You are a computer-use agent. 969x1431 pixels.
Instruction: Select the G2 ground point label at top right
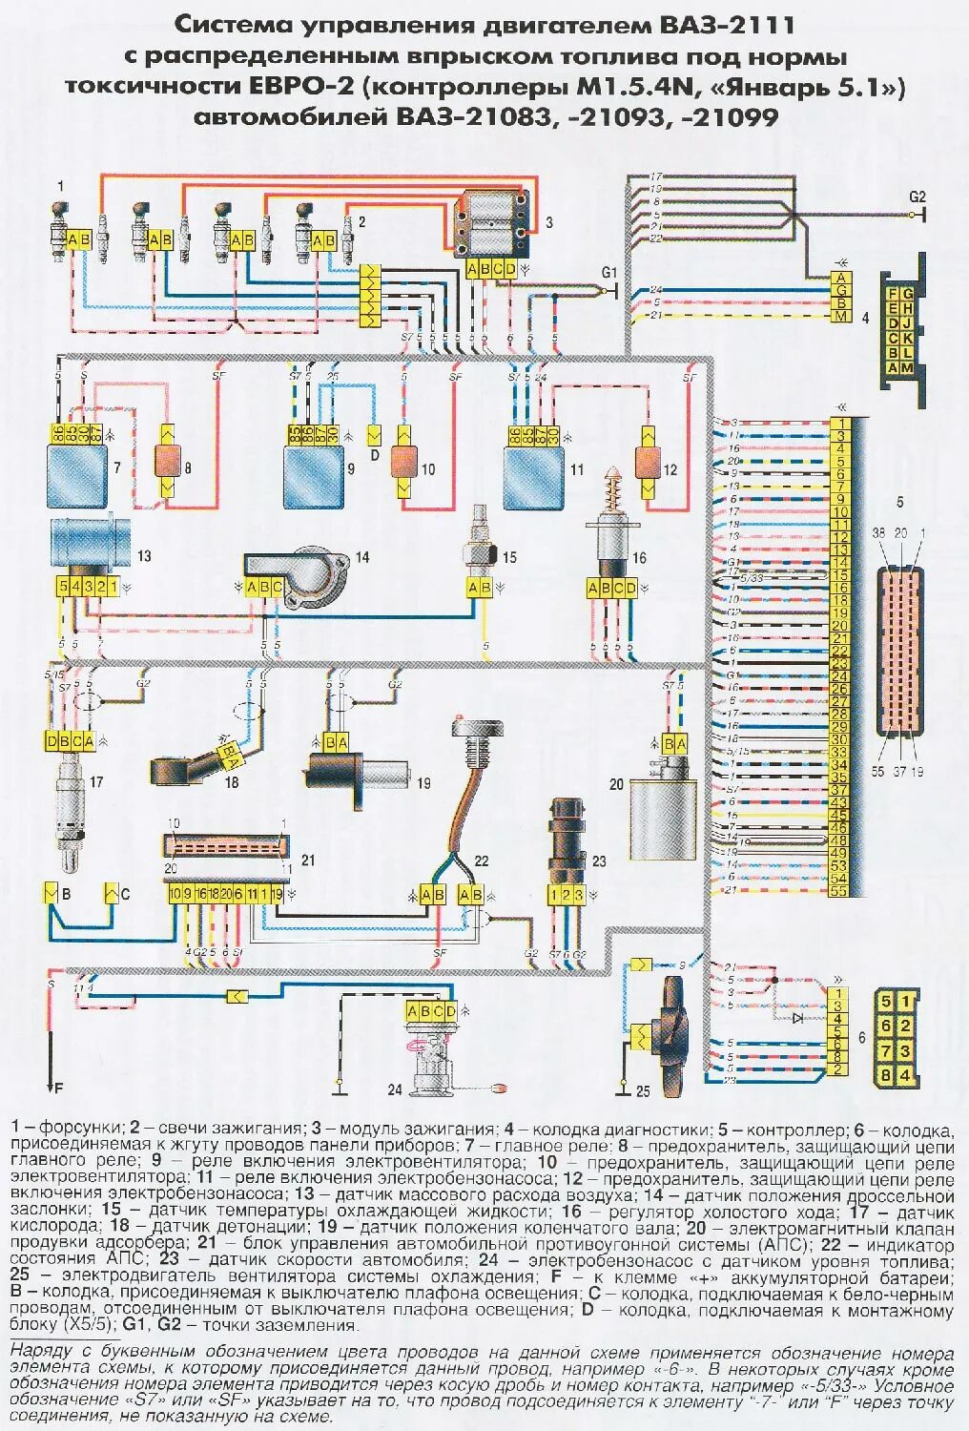tap(917, 197)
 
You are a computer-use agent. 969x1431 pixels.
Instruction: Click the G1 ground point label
tap(609, 272)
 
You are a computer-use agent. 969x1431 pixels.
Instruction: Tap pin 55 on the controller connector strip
tap(839, 890)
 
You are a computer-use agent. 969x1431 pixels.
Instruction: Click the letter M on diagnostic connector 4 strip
tap(840, 316)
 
